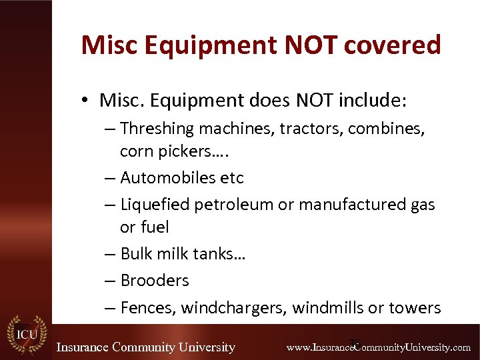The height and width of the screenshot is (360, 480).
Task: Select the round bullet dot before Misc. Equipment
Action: point(87,101)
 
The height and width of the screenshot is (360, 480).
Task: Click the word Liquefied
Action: point(155,205)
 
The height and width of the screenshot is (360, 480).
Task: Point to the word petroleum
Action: point(233,205)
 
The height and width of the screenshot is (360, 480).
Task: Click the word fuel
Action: point(154,227)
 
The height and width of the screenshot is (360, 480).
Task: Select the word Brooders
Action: point(155,281)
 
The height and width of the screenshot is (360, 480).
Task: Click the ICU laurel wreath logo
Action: point(27,333)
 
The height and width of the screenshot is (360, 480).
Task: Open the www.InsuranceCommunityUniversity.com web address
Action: point(378,347)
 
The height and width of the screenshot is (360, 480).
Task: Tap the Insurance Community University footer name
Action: point(145,347)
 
